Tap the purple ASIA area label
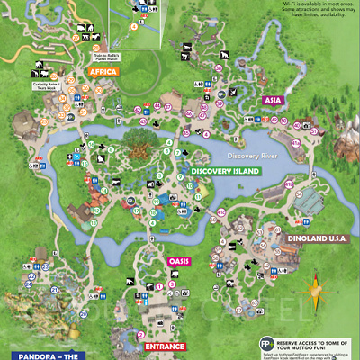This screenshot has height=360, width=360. [274, 101]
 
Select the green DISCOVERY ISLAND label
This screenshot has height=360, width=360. [225, 171]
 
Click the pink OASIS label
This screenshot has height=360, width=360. [179, 262]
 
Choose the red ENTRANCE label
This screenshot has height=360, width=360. [165, 346]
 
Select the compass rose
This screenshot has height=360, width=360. [315, 291]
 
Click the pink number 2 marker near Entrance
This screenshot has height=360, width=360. [140, 335]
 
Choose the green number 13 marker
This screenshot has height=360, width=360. [105, 190]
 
